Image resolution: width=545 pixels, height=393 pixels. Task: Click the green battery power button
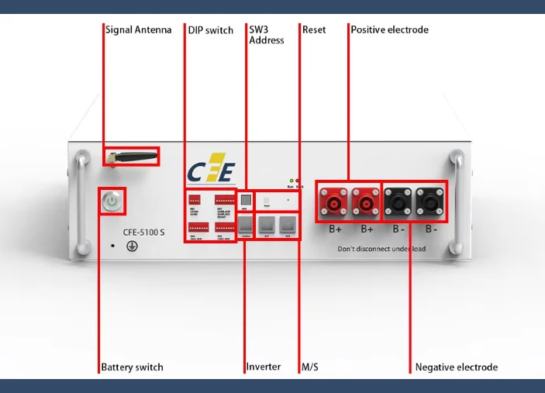(112, 202)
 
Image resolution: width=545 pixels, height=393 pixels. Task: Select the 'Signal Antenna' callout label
(139, 30)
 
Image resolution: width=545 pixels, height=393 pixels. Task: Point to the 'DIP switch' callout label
(210, 30)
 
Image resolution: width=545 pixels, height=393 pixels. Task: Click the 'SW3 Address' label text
(266, 35)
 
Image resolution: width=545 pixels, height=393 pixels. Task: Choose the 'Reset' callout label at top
(314, 30)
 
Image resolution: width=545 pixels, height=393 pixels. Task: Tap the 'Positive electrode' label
(389, 30)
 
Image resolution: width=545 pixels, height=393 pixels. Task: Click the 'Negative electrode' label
(456, 367)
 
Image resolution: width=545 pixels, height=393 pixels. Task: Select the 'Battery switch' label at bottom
(132, 367)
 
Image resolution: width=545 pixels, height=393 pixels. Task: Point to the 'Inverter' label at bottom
(263, 367)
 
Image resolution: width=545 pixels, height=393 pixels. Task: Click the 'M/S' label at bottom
(310, 367)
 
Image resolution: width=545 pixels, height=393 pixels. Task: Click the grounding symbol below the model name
(132, 246)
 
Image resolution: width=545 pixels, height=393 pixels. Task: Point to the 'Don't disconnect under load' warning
(381, 249)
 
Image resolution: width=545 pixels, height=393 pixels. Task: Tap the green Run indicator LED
(291, 181)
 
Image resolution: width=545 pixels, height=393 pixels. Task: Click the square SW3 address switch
(244, 200)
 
